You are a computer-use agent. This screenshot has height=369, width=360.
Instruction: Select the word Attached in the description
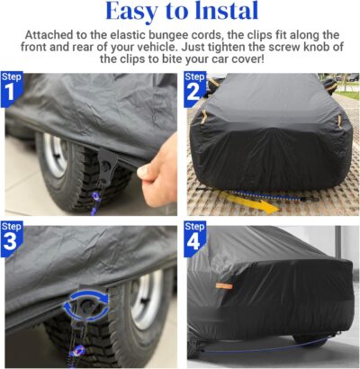[53, 36]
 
